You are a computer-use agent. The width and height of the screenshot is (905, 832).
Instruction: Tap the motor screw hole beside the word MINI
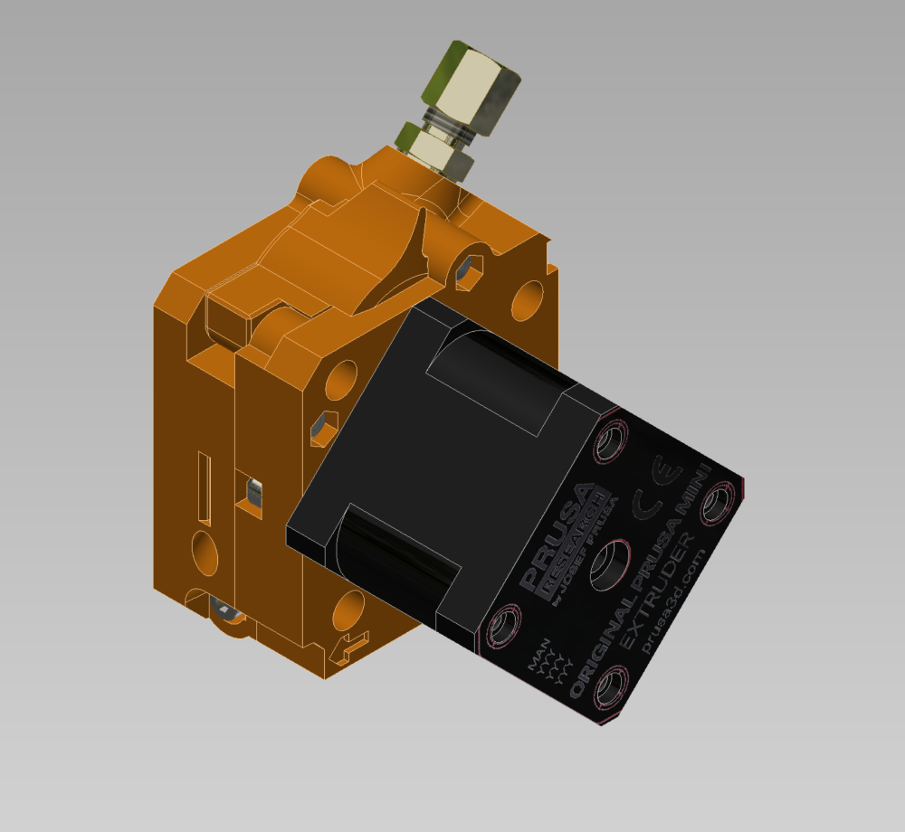[x=719, y=502]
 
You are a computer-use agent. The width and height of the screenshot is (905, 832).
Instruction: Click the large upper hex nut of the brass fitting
[x=471, y=88]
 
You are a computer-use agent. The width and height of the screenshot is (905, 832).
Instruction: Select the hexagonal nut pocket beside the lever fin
[x=470, y=270]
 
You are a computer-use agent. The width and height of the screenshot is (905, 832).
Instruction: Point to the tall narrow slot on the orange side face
[x=205, y=488]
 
